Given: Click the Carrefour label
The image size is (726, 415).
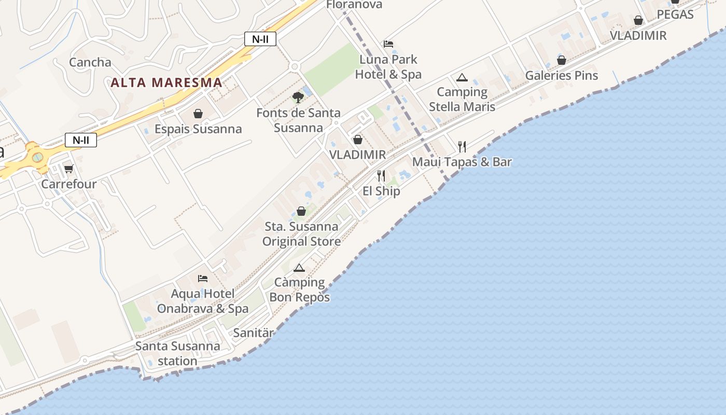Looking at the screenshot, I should [x=68, y=184].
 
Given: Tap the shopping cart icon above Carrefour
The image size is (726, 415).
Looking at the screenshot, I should [x=68, y=169].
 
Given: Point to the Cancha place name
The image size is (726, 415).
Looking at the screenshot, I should [x=90, y=62].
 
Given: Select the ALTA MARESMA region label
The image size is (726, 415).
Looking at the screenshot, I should [x=166, y=82].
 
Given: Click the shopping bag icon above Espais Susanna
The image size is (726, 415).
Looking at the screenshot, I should [x=198, y=113].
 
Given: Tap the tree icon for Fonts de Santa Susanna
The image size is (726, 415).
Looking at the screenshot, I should [x=298, y=97].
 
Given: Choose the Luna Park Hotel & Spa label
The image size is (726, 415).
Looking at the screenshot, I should [x=388, y=67].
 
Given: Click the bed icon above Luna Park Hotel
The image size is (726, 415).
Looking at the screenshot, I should [x=388, y=44].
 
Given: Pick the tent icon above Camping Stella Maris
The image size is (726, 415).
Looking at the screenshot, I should [x=462, y=78].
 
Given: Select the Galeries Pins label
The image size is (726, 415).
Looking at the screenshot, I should [x=562, y=76].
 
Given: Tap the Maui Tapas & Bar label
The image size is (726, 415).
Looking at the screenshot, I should [x=462, y=162].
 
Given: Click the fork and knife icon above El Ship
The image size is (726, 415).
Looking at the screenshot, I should [x=381, y=175].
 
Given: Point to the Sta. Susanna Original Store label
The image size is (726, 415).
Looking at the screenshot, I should [x=301, y=234].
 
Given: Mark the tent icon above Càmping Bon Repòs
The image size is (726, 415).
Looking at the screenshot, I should [x=299, y=268].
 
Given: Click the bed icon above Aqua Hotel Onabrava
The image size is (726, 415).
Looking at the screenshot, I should [x=203, y=279].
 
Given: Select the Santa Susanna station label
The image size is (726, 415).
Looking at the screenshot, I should [x=177, y=353].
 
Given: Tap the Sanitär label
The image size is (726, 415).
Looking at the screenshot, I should [x=253, y=333].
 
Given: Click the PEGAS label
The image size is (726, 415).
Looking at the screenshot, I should [x=675, y=15].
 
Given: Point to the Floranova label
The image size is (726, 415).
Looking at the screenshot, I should [x=354, y=5].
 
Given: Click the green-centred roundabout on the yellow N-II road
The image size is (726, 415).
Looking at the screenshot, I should [x=37, y=156].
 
